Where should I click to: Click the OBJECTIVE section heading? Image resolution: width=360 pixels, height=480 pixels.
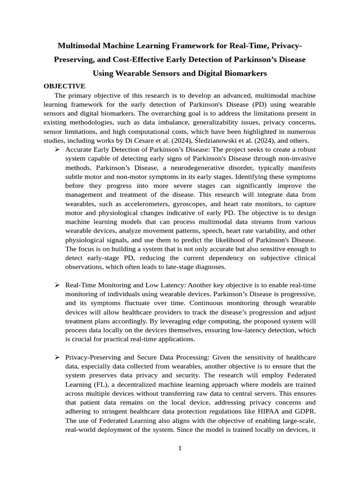(x=64, y=86)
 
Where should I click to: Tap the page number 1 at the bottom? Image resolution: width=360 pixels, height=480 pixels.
(x=180, y=448)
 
